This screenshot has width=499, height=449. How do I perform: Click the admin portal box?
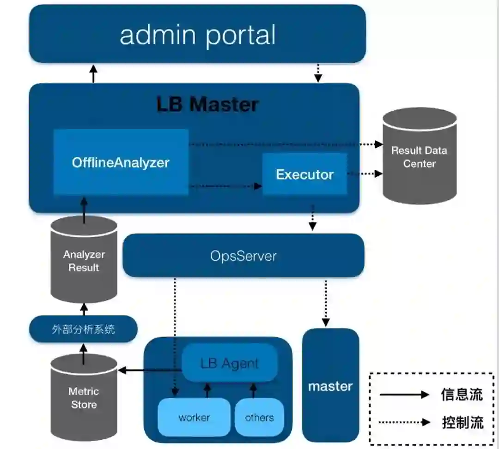(197, 34)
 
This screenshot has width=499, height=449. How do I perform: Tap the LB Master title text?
(207, 104)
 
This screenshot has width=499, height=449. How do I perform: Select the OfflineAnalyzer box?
(121, 162)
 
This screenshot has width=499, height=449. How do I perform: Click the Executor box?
(305, 174)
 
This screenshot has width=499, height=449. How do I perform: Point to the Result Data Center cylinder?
(420, 156)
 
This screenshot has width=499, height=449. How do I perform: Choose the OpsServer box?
(243, 256)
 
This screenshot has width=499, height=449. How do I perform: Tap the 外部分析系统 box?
(83, 329)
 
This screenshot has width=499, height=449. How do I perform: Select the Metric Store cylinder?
(84, 397)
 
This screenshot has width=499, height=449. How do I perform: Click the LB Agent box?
(230, 363)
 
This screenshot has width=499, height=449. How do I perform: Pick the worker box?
(194, 417)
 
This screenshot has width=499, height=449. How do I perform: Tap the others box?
(259, 417)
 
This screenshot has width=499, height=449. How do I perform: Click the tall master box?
(331, 385)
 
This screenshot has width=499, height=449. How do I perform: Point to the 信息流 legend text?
(462, 395)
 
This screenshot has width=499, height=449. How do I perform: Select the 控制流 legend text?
(462, 422)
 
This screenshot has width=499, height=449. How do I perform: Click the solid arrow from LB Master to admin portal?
(93, 74)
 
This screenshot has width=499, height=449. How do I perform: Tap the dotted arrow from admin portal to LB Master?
(318, 73)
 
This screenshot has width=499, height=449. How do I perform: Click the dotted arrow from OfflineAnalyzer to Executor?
(225, 186)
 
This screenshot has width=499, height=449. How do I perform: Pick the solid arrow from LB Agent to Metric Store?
(150, 370)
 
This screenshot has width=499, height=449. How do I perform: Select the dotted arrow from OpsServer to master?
(326, 303)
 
